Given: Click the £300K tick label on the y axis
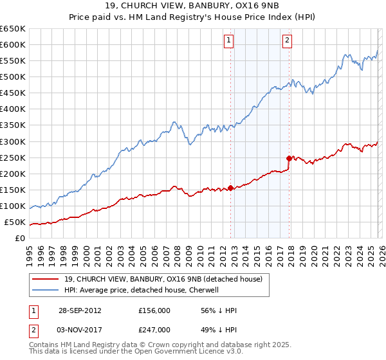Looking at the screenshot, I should pos(13,141).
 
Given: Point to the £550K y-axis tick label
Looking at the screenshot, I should pos(13,61).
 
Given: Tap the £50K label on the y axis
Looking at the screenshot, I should pos(15,222).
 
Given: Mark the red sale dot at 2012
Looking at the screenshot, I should pos(230,188).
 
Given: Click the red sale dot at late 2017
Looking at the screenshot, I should pos(289,158).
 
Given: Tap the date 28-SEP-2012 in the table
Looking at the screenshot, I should pos(80,311).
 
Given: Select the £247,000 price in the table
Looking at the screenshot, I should pos(154,329).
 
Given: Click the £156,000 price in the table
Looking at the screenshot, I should pos(154,311).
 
